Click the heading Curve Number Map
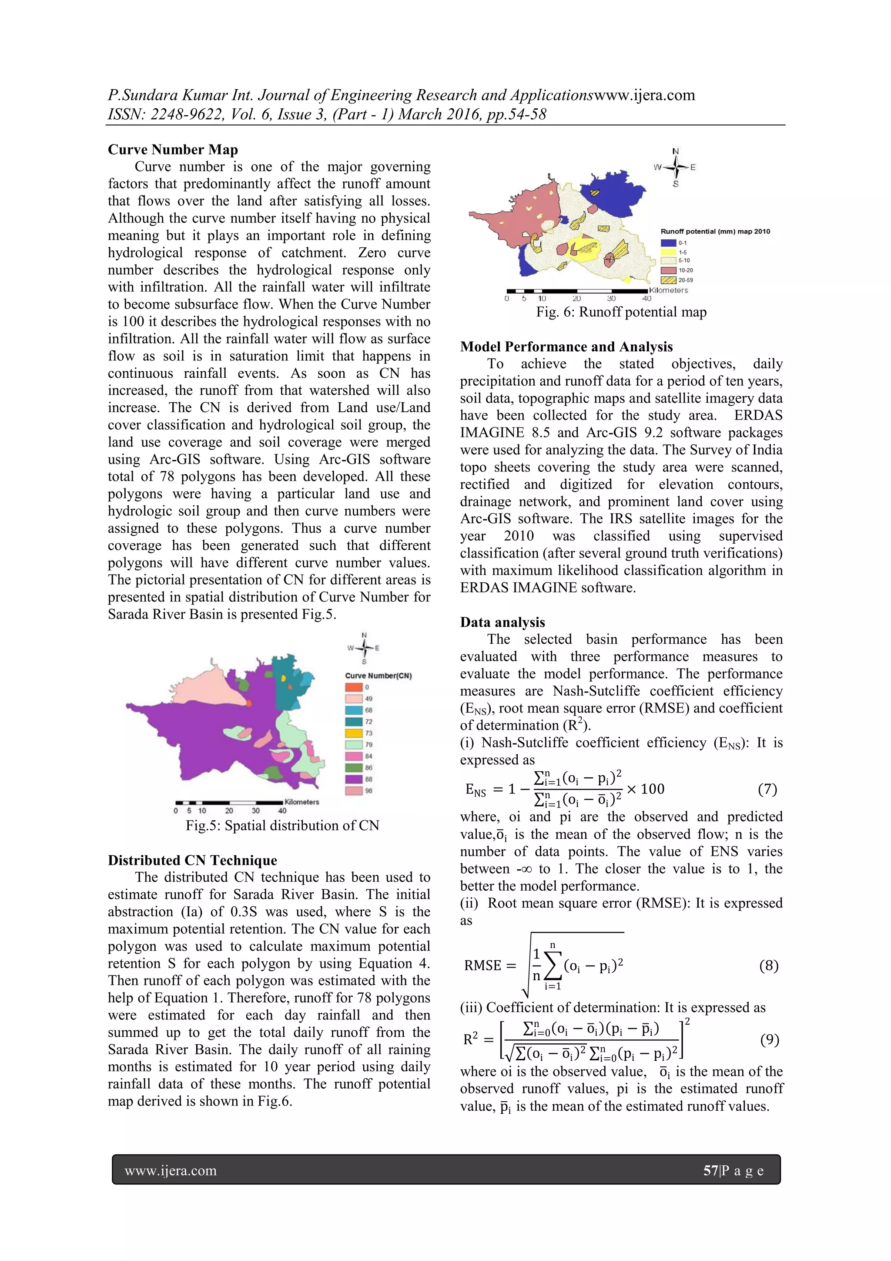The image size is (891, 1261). pyautogui.click(x=172, y=149)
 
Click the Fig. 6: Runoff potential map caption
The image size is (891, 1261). pyautogui.click(x=621, y=312)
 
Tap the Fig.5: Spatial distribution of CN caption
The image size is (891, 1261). pyautogui.click(x=282, y=825)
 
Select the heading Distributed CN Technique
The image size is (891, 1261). pyautogui.click(x=192, y=860)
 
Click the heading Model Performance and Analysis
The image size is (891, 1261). pyautogui.click(x=566, y=346)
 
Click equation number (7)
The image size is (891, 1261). pyautogui.click(x=767, y=789)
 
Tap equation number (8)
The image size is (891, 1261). pyautogui.click(x=768, y=965)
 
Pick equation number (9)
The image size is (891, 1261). pyautogui.click(x=769, y=1040)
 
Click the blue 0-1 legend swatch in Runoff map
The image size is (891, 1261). pyautogui.click(x=668, y=243)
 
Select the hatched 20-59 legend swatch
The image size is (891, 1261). pyautogui.click(x=668, y=280)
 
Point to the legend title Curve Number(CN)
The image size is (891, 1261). pyautogui.click(x=378, y=676)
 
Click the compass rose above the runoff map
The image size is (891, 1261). pyautogui.click(x=676, y=168)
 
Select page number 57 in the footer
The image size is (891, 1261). pyautogui.click(x=710, y=1170)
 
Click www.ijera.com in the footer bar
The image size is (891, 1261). pyautogui.click(x=171, y=1170)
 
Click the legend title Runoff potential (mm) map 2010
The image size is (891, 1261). pyautogui.click(x=715, y=231)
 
